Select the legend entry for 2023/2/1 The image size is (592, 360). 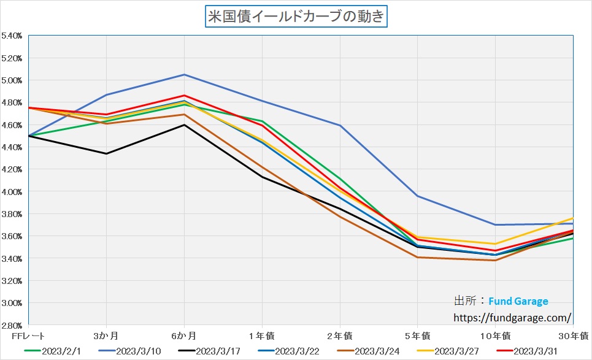58,351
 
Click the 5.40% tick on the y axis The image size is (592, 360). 12,36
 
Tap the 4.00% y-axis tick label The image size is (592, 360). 12,192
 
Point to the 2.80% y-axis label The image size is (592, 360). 12,325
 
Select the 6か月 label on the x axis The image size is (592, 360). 184,335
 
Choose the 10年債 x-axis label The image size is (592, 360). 494,335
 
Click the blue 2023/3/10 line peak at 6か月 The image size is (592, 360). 184,75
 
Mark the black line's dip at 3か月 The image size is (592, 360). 107,153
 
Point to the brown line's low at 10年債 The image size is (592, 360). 494,260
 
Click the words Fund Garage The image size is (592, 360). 518,301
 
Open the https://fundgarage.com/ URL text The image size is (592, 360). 512,318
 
